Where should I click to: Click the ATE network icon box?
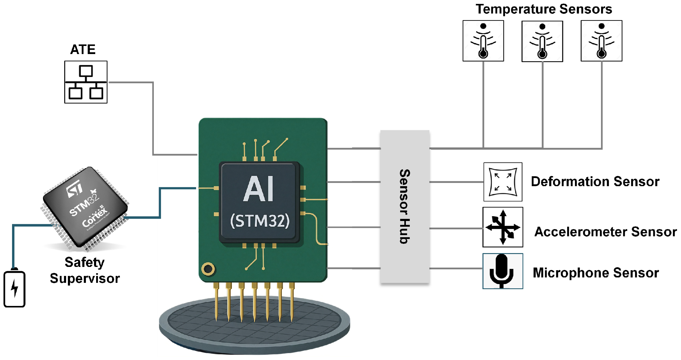(86, 82)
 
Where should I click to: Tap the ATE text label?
(83, 50)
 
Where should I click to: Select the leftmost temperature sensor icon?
(483, 41)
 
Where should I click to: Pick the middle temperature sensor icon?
(542, 41)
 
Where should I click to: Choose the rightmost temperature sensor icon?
(601, 41)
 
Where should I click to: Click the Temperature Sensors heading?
(544, 9)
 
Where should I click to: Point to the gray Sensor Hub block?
(405, 207)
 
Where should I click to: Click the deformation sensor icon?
(503, 182)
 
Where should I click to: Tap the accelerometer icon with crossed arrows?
(503, 227)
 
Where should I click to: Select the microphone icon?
(503, 271)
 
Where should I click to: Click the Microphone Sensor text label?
(596, 273)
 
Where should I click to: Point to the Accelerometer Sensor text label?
(605, 232)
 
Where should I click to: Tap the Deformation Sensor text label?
(595, 182)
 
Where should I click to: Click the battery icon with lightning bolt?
(14, 289)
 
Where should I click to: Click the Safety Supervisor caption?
(85, 270)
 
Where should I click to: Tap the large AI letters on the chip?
(258, 189)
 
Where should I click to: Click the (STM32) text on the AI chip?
(260, 221)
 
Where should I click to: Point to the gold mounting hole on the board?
(208, 269)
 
